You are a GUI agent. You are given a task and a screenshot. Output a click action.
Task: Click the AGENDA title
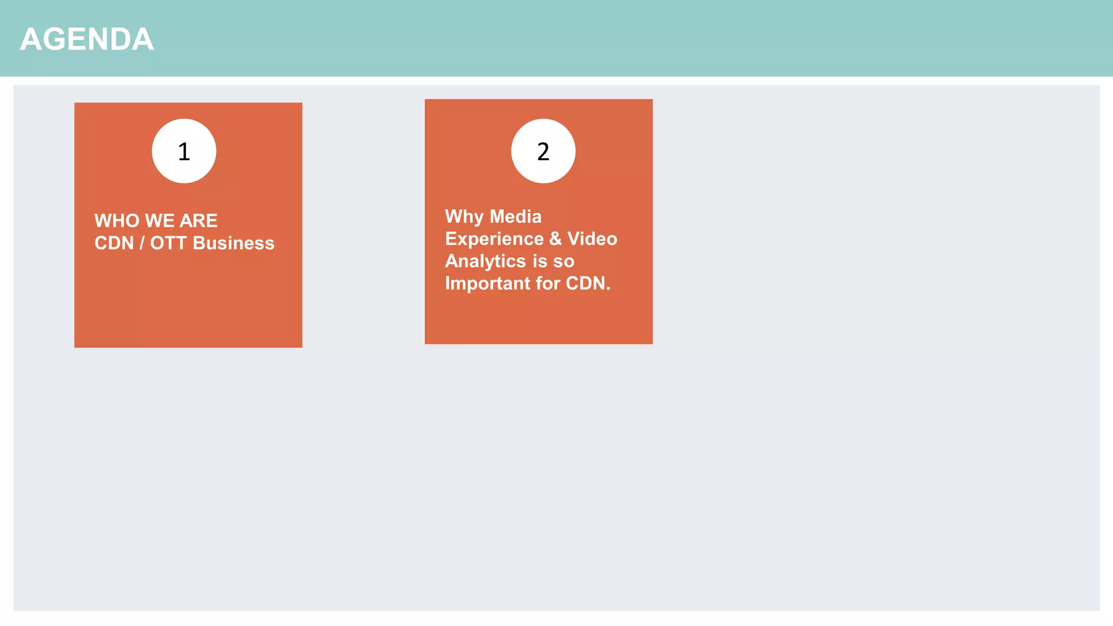click(x=87, y=40)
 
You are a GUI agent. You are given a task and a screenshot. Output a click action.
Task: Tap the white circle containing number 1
click(x=184, y=151)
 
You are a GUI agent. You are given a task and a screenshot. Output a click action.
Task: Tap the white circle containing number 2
click(x=543, y=151)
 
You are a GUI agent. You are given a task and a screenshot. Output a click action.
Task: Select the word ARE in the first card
click(x=198, y=221)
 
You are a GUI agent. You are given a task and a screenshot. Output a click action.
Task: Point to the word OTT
click(x=168, y=243)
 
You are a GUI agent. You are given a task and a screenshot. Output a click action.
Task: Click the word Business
click(x=234, y=243)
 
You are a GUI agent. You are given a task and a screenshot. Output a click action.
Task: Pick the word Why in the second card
click(x=464, y=217)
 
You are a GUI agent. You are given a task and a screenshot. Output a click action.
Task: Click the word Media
click(x=516, y=217)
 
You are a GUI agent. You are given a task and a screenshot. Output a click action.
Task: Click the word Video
click(x=592, y=239)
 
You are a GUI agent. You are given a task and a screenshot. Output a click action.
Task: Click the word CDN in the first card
click(x=114, y=243)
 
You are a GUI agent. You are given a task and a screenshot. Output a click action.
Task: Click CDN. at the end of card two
click(x=588, y=284)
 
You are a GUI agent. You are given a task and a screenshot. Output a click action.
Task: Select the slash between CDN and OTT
click(x=142, y=243)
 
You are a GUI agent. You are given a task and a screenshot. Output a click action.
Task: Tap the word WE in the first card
click(x=160, y=221)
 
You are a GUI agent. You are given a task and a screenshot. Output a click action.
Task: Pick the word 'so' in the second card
click(x=564, y=262)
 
